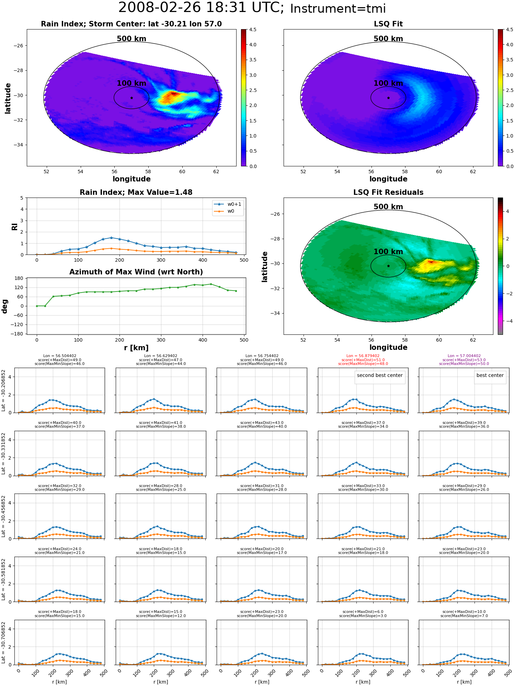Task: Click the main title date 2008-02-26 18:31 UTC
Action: (x=201, y=8)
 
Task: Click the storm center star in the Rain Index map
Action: (x=131, y=98)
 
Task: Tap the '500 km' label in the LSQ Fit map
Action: (x=388, y=39)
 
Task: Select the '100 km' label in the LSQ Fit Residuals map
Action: (x=388, y=252)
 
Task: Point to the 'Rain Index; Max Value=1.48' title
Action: (x=136, y=192)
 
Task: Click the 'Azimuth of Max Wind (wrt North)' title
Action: (x=136, y=272)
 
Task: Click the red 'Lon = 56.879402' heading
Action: (x=363, y=356)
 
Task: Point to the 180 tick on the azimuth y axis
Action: (x=19, y=278)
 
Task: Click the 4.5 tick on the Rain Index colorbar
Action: (x=253, y=30)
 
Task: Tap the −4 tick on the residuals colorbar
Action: (x=507, y=321)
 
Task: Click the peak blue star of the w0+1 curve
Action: (x=111, y=238)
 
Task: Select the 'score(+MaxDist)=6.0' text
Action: (x=363, y=612)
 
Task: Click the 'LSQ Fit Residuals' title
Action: (x=388, y=192)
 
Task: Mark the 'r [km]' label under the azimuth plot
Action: (x=136, y=348)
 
